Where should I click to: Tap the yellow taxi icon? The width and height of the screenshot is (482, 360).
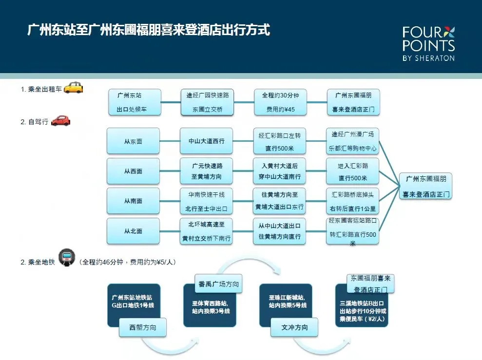click(74, 88)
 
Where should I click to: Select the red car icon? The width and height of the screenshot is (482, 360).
click(60, 120)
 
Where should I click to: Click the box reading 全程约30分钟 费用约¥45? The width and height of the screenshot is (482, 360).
click(280, 102)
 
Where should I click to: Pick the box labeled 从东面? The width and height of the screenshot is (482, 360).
click(133, 141)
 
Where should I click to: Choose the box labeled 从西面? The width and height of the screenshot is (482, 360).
click(133, 171)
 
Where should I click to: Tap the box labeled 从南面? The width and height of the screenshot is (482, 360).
click(133, 201)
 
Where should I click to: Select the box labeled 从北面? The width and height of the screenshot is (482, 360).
click(133, 231)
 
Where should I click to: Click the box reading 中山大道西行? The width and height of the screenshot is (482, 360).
click(207, 141)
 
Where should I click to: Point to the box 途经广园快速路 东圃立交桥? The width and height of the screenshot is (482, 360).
click(207, 102)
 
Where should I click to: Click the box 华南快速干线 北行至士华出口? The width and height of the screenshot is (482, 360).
click(207, 201)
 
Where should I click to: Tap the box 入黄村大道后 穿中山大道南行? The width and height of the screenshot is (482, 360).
click(280, 171)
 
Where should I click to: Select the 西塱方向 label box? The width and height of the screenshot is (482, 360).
click(143, 328)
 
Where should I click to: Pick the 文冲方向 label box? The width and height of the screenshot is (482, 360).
click(294, 327)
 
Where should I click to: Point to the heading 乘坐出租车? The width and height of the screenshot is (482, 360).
click(41, 89)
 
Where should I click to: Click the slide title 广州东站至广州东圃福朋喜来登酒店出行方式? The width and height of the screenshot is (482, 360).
click(149, 30)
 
